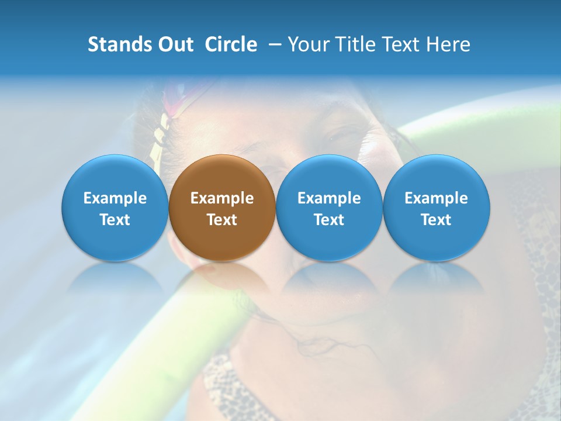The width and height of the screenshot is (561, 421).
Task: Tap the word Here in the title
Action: tap(448, 44)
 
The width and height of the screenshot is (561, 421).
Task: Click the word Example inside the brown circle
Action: tap(222, 198)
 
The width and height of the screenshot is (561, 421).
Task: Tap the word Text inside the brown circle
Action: tap(222, 220)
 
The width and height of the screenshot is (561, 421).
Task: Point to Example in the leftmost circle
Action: tap(115, 198)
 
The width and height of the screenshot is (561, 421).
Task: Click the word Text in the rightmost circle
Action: tap(437, 220)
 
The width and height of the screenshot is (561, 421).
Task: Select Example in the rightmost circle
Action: tap(437, 198)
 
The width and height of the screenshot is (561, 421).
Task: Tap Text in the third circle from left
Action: tap(329, 220)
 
